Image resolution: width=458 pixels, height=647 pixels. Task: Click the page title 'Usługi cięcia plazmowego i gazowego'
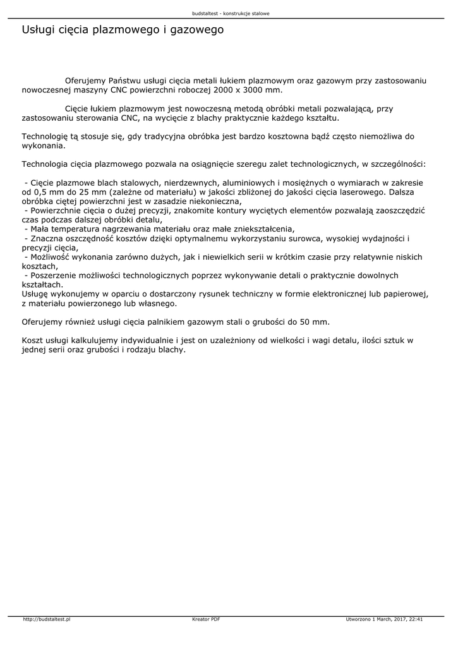pos(123,30)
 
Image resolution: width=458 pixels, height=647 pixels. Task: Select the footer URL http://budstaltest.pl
pos(46,620)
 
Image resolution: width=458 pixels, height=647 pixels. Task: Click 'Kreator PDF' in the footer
pos(206,620)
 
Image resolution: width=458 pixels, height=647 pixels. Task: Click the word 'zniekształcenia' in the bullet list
pos(261,229)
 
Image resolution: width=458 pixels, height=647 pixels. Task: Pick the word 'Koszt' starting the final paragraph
pos(33,340)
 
